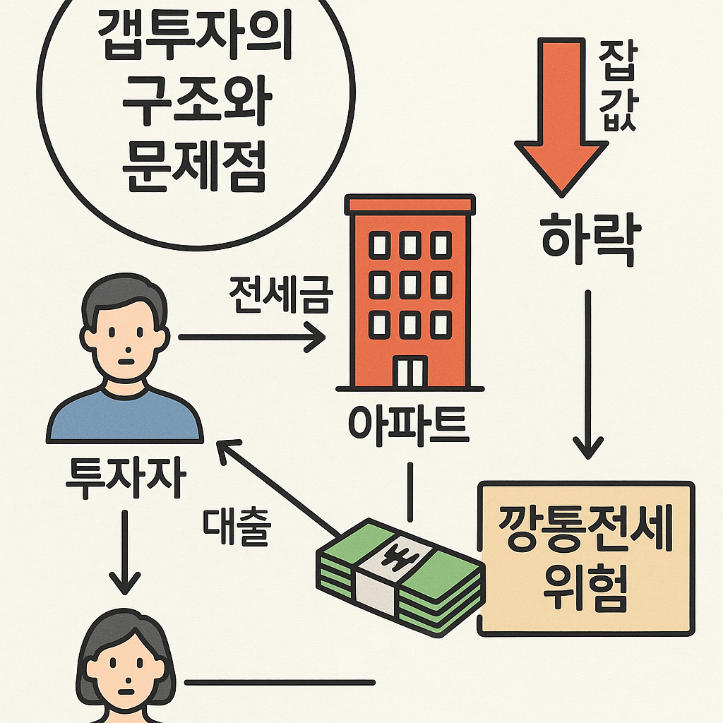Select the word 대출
click(x=236, y=526)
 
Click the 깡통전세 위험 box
click(x=585, y=558)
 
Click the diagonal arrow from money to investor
click(x=275, y=487)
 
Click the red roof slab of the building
click(x=409, y=204)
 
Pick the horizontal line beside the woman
click(x=280, y=682)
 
